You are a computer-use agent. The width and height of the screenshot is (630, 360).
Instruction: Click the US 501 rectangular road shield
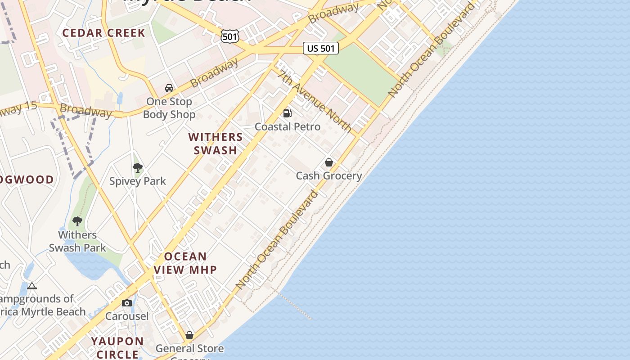(x=320, y=48)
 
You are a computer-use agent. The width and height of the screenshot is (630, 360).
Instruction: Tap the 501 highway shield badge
(x=229, y=36)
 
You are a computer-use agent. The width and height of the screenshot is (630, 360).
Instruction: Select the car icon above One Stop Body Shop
(x=169, y=88)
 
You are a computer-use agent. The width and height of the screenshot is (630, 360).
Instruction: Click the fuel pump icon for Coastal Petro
(x=287, y=113)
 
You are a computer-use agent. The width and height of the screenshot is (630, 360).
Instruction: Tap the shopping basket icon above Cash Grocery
(x=329, y=162)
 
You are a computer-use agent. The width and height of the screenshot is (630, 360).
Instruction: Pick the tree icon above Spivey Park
(x=138, y=168)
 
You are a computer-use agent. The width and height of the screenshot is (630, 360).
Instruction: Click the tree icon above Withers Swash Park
(x=77, y=221)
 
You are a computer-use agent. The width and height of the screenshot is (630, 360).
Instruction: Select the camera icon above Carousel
(x=127, y=303)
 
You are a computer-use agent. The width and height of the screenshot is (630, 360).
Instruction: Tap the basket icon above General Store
(x=189, y=335)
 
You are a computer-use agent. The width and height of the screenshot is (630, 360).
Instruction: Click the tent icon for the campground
(x=31, y=286)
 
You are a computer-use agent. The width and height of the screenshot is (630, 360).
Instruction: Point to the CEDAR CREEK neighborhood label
(x=104, y=33)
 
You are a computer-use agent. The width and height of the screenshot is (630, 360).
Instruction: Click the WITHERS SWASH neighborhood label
(x=216, y=144)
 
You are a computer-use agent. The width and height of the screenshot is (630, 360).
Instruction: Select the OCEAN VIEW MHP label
(x=185, y=263)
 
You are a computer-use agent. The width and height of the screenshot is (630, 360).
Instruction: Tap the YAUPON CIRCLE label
(x=118, y=347)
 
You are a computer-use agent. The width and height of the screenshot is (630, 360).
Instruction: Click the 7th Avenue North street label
(x=315, y=102)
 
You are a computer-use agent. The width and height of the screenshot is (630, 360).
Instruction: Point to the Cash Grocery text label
(x=328, y=175)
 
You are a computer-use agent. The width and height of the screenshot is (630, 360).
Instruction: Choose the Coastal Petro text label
(x=288, y=127)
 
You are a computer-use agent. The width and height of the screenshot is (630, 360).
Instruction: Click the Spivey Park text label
(x=138, y=181)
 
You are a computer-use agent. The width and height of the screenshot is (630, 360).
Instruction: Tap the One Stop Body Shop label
(x=169, y=108)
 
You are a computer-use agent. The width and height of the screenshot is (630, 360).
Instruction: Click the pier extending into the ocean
(x=295, y=306)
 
